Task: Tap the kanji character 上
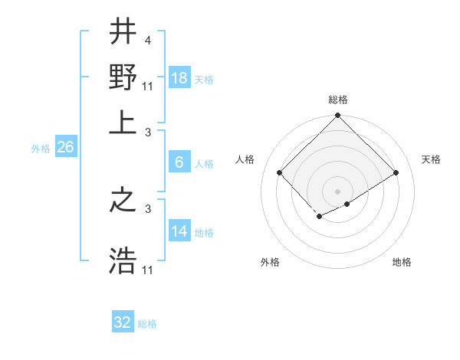pos(123,123)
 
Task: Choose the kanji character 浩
pos(123,260)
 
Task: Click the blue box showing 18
pos(179,78)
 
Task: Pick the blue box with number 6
pos(179,162)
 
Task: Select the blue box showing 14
pos(179,231)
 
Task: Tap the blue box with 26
pos(65,147)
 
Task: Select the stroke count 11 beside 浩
pos(149,270)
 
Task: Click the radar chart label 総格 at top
pos(338,100)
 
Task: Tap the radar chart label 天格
pos(431,159)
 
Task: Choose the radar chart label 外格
pos(270,262)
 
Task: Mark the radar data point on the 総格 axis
pos(338,116)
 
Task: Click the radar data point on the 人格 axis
pos(280,172)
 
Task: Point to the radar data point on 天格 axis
pos(396,172)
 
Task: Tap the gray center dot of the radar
pos(338,191)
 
